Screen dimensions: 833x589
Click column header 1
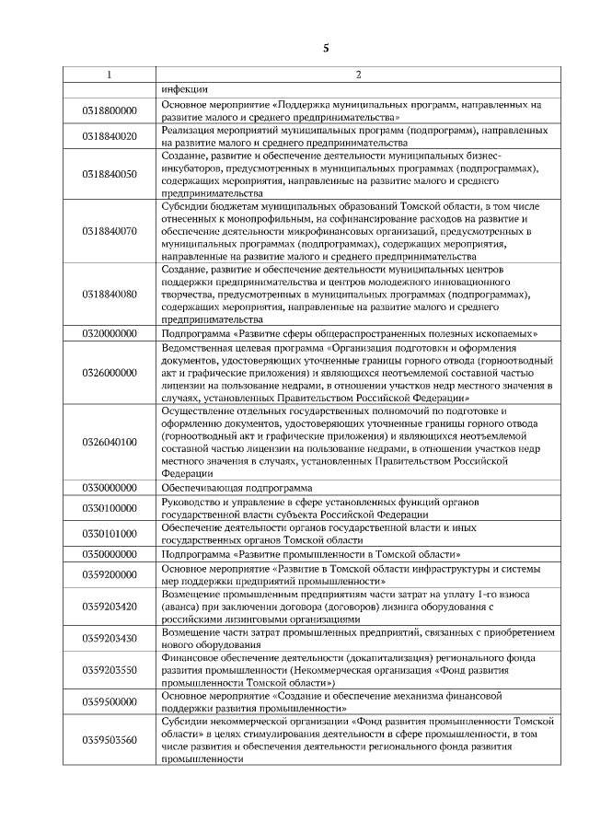pos(110,75)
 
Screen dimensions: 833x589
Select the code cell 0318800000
pos(110,110)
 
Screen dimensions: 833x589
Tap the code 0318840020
pos(110,136)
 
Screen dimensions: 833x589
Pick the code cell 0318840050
pos(110,174)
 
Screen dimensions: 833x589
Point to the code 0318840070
pos(110,230)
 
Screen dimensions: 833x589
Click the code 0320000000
pos(110,333)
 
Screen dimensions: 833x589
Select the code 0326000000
pos(110,372)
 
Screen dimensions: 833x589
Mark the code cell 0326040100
pos(110,442)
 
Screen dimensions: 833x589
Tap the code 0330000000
pos(110,487)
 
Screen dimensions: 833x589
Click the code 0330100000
pos(110,508)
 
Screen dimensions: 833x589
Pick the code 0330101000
pos(110,534)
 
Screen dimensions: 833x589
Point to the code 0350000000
pos(110,555)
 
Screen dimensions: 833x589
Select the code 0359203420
pos(110,607)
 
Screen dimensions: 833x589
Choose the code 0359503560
pos(110,740)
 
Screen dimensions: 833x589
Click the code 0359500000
pos(110,702)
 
